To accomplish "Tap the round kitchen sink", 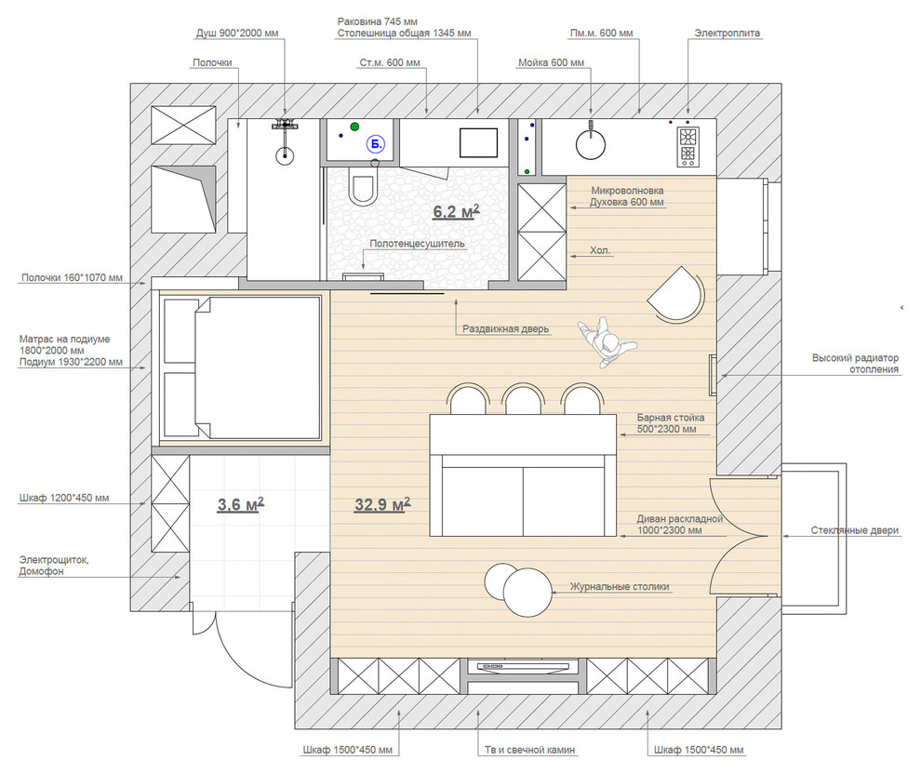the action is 591,144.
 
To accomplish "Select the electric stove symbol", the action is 687,147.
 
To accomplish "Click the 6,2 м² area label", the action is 456,211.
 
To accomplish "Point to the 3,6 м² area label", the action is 241,504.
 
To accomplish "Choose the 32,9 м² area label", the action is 382,504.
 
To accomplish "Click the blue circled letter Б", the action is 375,144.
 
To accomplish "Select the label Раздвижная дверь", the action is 506,329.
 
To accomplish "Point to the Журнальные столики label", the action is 620,587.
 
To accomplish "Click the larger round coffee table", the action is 527,593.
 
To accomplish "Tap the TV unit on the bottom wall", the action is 524,668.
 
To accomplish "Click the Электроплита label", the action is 727,33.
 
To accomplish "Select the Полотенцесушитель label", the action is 417,244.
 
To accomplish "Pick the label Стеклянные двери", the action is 855,530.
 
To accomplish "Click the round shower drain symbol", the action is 285,155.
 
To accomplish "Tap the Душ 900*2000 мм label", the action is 237,33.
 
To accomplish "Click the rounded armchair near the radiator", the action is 675,294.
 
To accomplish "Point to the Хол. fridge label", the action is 600,250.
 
